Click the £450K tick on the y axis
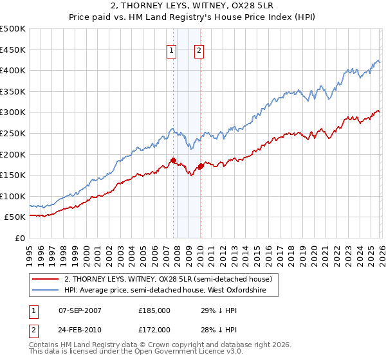point(13,50)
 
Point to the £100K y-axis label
point(13,196)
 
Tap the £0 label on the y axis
point(20,238)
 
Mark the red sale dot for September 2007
point(173,160)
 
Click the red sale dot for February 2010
point(201,166)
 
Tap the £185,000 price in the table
point(154,310)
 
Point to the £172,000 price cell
point(154,329)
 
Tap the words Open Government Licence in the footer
point(168,353)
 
